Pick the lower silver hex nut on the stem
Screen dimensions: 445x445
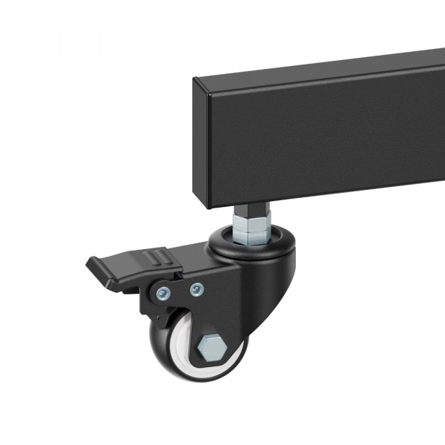pos(252,234)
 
